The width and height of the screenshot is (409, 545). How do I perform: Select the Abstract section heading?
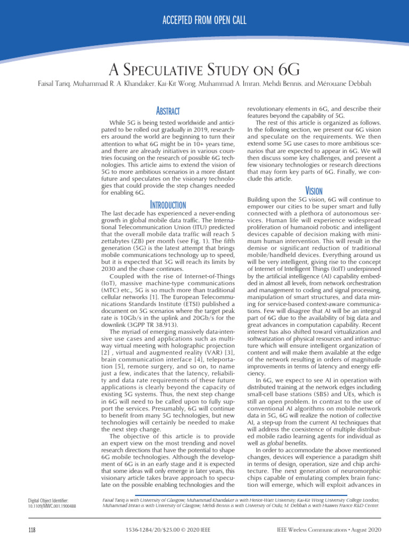click(168, 111)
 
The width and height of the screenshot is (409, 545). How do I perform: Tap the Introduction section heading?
click(168, 204)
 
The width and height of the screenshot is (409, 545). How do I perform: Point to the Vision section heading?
click(314, 190)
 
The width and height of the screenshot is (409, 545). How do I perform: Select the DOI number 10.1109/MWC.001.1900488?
click(51, 506)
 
